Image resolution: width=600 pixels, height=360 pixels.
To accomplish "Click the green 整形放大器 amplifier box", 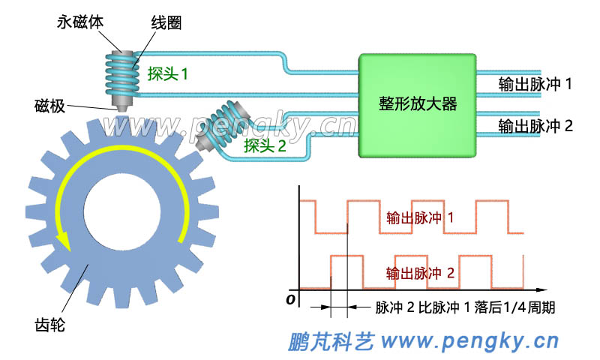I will point(418,105).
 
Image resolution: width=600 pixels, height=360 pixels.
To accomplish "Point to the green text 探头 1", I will point(167,74).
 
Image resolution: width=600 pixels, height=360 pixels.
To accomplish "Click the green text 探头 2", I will point(265,146).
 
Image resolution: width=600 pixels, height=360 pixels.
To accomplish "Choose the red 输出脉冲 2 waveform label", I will point(420,273).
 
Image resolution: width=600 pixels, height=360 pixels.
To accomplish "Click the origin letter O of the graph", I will point(289,301).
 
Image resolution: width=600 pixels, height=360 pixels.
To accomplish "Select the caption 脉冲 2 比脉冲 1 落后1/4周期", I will point(465,308).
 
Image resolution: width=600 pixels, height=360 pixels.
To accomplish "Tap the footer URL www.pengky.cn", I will point(470,342).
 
